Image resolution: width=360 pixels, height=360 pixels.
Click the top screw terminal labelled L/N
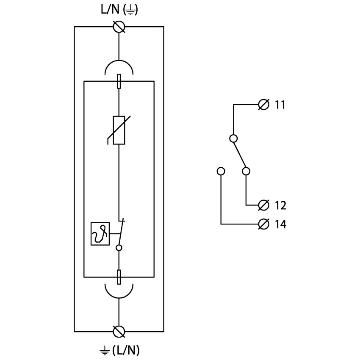119,27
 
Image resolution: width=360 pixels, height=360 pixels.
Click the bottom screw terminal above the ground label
119,331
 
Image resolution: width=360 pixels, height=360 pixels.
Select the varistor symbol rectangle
119,130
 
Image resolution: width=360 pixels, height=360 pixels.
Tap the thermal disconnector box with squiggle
100,234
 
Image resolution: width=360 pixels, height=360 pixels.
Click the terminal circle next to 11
263,104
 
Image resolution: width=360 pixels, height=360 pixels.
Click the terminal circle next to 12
263,205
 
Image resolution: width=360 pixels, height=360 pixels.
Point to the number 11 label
280,105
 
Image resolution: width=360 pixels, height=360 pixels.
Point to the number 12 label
280,206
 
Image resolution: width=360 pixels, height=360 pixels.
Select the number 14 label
280,224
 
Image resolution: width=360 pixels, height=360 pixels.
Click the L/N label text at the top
108,11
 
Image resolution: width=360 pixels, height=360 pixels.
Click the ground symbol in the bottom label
105,351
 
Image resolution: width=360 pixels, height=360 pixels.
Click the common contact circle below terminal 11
233,138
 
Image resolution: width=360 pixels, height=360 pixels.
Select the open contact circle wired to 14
221,171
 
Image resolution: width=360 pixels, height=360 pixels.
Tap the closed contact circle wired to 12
246,171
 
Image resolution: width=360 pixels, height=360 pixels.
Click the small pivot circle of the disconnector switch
119,248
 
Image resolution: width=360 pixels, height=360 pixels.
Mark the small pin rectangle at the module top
119,80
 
